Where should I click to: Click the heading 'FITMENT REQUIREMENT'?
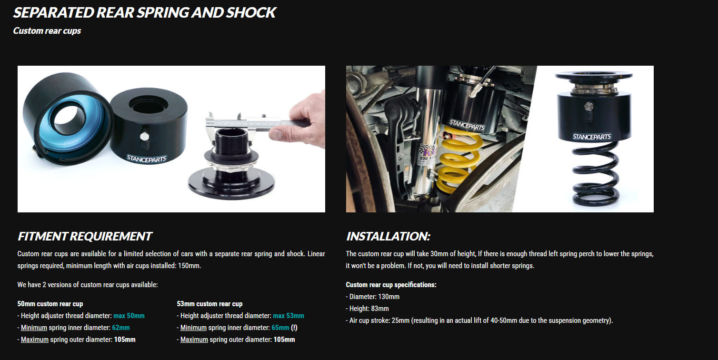pos(85,236)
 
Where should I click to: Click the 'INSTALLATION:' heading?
pos(388,236)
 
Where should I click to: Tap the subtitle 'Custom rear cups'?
pos(47,31)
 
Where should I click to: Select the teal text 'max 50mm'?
pos(129,316)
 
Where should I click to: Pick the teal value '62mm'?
pos(121,328)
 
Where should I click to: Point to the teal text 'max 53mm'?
pos(289,316)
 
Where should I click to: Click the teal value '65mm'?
pos(280,328)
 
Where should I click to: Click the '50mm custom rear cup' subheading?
pos(50,304)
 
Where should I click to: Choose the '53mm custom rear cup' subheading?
pos(209,304)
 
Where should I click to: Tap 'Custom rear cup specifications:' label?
pos(391,285)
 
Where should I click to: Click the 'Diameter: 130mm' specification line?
pos(373,297)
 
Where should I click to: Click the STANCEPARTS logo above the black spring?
pos(592,137)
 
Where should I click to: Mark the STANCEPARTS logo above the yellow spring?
pos(467,125)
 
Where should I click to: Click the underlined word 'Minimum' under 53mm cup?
pos(193,328)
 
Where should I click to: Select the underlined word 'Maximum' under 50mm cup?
pos(35,340)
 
